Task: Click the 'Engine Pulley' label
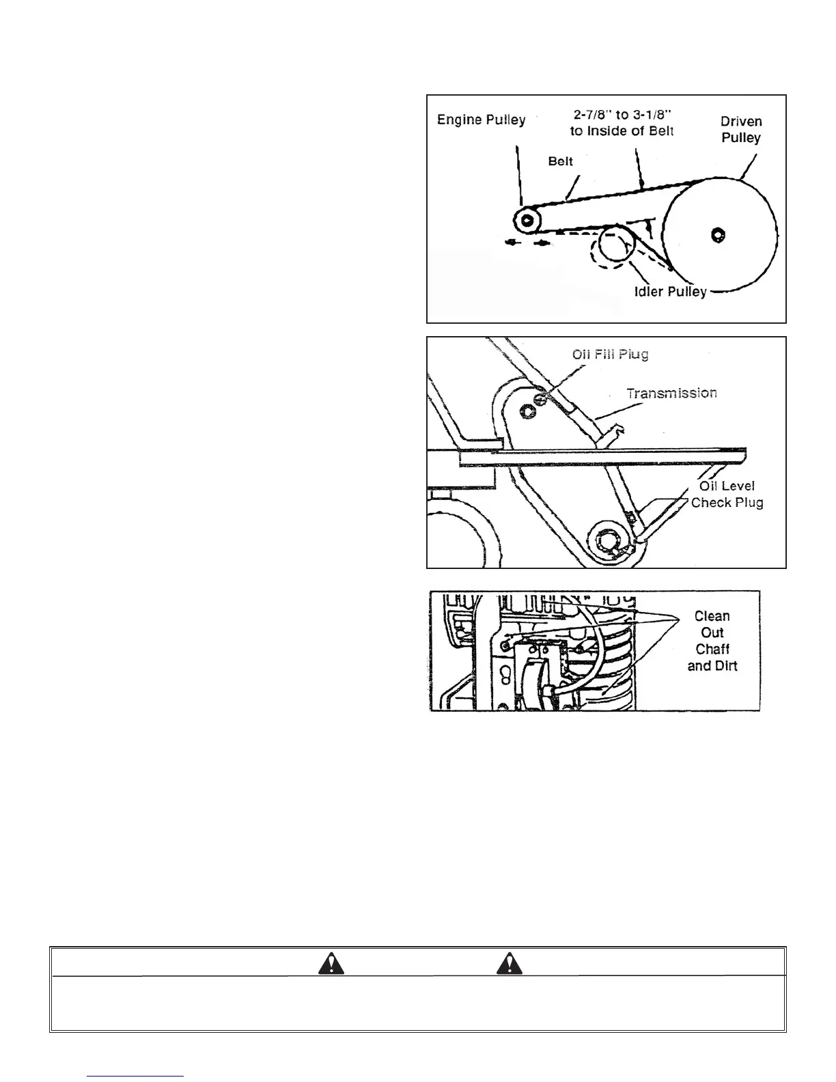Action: point(481,120)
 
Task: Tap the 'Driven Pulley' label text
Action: point(741,129)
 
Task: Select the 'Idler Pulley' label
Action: point(670,292)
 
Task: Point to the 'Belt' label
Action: point(560,161)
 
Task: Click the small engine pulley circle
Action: point(527,220)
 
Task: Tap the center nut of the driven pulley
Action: point(717,235)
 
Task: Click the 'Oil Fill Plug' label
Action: point(610,354)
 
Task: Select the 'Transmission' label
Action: point(671,393)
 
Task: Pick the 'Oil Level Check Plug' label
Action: point(727,494)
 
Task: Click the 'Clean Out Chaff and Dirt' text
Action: point(712,641)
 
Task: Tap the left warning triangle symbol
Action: point(331,963)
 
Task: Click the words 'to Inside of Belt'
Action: point(622,131)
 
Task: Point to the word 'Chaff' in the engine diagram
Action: point(712,649)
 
